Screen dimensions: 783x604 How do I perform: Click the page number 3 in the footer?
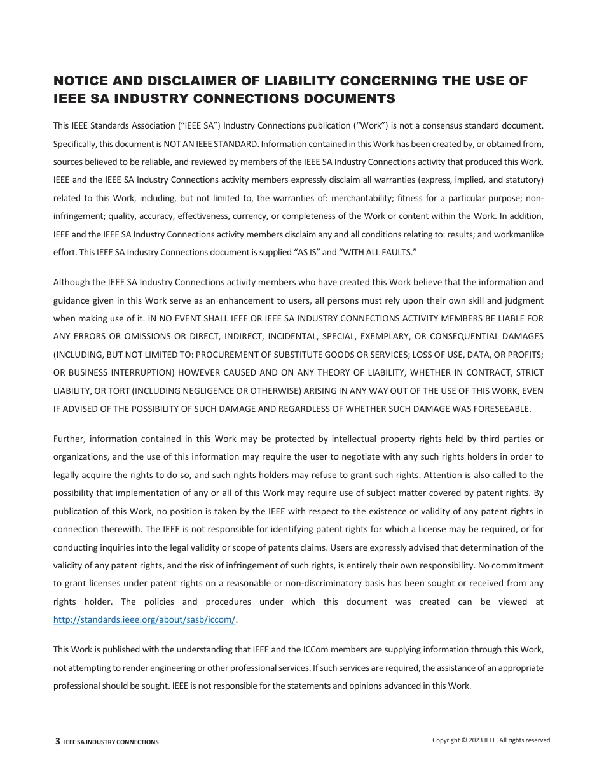58,741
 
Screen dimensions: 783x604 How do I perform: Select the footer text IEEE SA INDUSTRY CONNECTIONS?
111,742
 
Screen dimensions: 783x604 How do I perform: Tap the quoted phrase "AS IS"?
308,252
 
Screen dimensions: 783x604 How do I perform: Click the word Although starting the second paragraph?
71,282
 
